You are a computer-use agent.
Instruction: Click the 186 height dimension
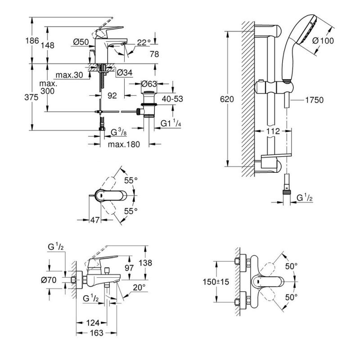tap(32, 41)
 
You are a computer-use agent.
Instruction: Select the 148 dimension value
tap(48, 45)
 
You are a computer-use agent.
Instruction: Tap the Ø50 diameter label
tap(81, 42)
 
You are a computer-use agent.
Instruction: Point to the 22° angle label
tap(144, 42)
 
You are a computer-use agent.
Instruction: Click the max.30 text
tap(69, 75)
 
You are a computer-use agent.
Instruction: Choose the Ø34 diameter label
tap(125, 73)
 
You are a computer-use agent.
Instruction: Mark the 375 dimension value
tap(31, 97)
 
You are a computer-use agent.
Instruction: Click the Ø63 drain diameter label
tap(149, 84)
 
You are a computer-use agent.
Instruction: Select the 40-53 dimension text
tap(172, 99)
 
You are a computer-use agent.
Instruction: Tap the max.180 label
tap(124, 144)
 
